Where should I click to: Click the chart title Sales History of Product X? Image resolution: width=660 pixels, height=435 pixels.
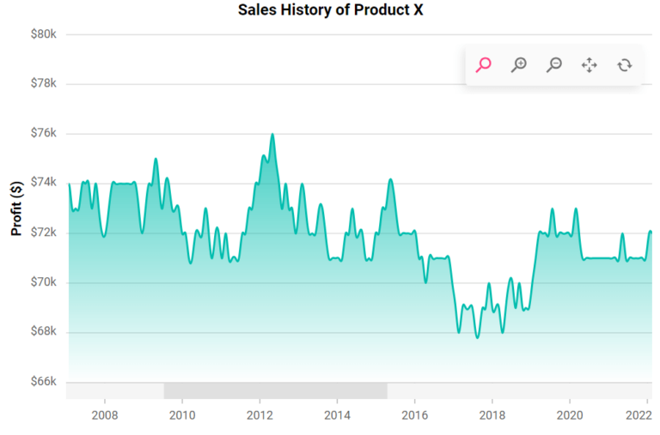pos(330,11)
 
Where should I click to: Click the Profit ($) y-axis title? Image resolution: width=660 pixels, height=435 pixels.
pos(16,208)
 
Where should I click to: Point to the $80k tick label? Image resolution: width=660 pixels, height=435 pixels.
pos(42,35)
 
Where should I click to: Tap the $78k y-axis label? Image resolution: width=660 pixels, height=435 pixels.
pos(42,84)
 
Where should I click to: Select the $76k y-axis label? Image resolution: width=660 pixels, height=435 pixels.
pos(42,134)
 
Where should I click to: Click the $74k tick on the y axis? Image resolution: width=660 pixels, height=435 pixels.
pos(42,183)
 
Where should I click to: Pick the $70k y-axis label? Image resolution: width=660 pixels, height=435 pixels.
pos(42,282)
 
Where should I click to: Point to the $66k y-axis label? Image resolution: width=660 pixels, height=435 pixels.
pos(42,382)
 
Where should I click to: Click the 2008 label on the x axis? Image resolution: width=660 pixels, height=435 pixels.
pos(104,415)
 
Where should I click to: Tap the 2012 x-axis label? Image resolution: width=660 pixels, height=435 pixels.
pos(260,415)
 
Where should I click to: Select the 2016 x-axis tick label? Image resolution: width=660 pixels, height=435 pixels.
pos(414,415)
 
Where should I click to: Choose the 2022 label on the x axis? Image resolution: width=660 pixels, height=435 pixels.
pos(637,415)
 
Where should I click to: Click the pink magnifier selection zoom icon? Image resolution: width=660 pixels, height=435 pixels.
pos(484,64)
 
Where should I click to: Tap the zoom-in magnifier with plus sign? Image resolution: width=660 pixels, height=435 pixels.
pos(519,64)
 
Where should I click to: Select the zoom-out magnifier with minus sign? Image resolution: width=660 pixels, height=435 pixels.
pos(554,64)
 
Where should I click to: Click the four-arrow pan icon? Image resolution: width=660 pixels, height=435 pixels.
pos(590,64)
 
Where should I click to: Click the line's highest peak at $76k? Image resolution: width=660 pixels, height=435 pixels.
pos(272,135)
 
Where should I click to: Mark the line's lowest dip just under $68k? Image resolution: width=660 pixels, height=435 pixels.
pos(478,337)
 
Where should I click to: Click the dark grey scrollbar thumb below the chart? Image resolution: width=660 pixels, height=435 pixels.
pos(275,391)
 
